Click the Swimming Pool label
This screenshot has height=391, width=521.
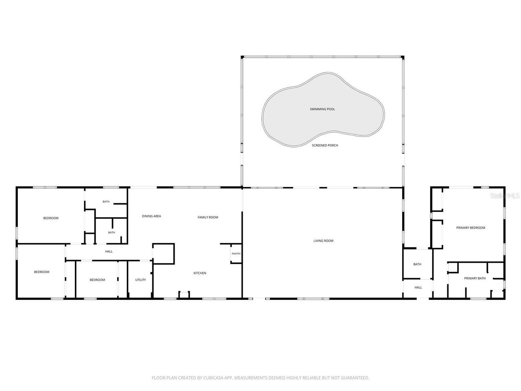(x=322, y=109)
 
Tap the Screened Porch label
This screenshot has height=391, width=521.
(x=325, y=145)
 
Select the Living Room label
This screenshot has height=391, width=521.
(x=323, y=241)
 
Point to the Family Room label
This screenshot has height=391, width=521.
(x=208, y=217)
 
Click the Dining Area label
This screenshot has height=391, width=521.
(x=151, y=216)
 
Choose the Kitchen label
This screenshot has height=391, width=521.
(x=199, y=273)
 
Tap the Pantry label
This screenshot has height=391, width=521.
(x=236, y=254)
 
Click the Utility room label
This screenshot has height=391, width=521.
(x=140, y=280)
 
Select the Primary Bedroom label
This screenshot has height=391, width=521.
(x=471, y=228)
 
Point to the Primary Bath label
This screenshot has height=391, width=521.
(x=475, y=278)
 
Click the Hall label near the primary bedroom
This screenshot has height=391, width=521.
(x=418, y=288)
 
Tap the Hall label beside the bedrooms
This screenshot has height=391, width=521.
(x=109, y=251)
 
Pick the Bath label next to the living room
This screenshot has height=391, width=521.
(x=417, y=264)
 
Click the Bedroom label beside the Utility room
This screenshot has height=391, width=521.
(x=97, y=280)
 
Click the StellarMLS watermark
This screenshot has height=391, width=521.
(x=504, y=195)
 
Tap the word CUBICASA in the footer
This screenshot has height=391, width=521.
(x=213, y=378)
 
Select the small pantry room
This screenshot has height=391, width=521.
(x=236, y=253)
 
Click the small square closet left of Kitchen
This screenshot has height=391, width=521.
(x=163, y=254)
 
